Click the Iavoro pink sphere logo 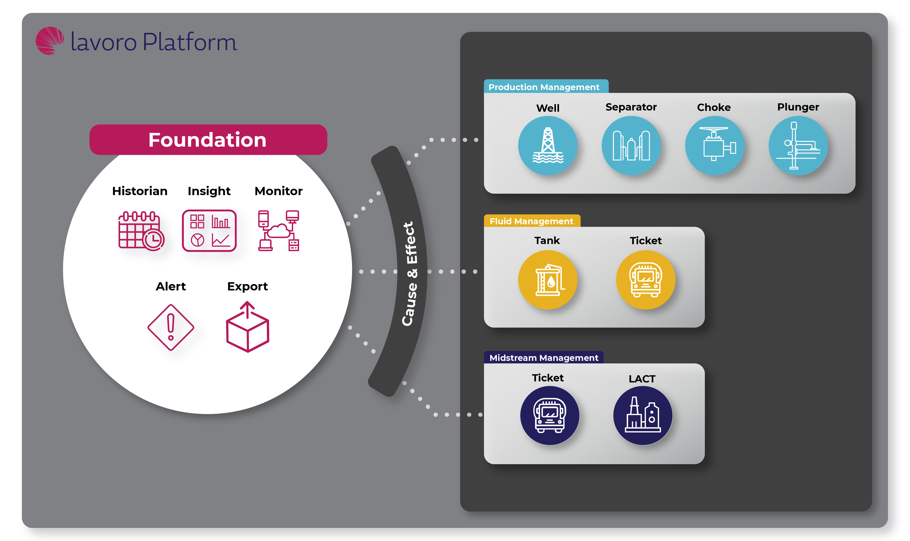point(50,41)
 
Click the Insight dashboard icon point(209,230)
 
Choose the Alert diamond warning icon point(171,327)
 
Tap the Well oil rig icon point(547,145)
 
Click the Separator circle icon point(631,145)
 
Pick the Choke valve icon point(714,145)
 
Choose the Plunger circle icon point(798,145)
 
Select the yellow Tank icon point(547,280)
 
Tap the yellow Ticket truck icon point(645,280)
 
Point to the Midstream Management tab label point(543,358)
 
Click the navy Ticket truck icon point(549,415)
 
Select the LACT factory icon point(642,415)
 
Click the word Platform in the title point(190,42)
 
